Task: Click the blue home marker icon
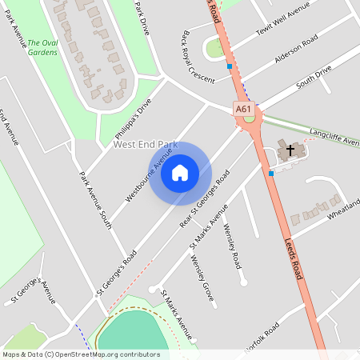click(x=180, y=173)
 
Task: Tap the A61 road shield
click(x=244, y=108)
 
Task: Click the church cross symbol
click(x=290, y=149)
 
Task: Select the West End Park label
click(x=145, y=144)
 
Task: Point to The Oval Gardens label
click(x=42, y=47)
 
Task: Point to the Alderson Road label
click(x=296, y=50)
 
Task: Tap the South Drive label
click(x=314, y=78)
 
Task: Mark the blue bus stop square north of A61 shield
click(x=230, y=66)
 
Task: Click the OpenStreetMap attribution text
click(x=81, y=354)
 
